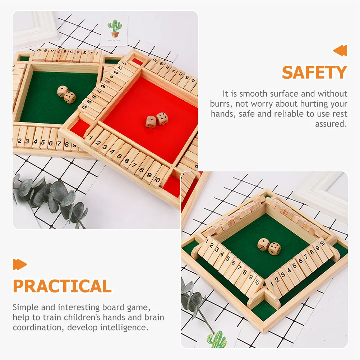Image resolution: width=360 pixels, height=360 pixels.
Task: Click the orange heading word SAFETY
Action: [314, 73]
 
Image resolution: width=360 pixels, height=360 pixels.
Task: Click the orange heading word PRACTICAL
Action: [62, 286]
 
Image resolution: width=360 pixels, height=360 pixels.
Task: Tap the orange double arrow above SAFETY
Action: [340, 51]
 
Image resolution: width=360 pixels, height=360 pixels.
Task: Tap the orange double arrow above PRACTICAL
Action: [20, 264]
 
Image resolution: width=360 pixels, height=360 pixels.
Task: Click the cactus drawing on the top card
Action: [115, 28]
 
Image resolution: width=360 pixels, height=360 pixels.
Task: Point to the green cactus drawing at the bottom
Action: [217, 340]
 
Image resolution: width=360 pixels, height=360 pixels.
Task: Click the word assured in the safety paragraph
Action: [331, 124]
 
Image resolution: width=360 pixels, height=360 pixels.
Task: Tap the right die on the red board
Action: [162, 119]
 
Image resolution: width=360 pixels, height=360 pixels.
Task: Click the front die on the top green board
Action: [70, 97]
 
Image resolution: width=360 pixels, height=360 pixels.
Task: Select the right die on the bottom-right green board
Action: [274, 249]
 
